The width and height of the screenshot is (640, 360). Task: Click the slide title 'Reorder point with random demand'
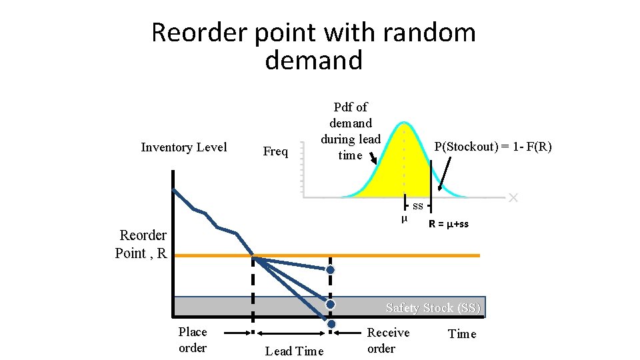click(x=313, y=46)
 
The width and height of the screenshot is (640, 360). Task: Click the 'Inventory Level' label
click(x=184, y=147)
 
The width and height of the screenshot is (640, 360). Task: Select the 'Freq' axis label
click(x=275, y=151)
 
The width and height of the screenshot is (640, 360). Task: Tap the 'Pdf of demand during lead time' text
click(x=351, y=131)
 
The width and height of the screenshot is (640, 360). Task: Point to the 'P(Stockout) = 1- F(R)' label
click(x=493, y=147)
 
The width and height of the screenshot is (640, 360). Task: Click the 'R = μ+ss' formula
click(x=448, y=224)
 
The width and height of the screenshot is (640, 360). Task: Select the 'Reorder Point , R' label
click(x=141, y=244)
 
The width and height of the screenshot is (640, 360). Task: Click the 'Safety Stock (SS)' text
click(x=433, y=308)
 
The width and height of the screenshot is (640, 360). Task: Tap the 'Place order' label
click(x=193, y=339)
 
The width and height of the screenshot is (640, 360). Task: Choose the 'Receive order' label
click(x=388, y=340)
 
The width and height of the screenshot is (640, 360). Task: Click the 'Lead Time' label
click(x=294, y=351)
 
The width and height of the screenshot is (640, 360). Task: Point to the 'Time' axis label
click(x=462, y=334)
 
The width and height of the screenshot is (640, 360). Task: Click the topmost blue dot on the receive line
click(x=331, y=270)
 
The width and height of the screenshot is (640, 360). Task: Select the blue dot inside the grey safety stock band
click(x=331, y=304)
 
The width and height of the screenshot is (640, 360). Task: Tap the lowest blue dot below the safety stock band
click(x=331, y=324)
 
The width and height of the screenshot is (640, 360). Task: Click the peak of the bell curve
click(x=404, y=123)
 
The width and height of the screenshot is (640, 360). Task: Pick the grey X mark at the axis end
click(x=513, y=197)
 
